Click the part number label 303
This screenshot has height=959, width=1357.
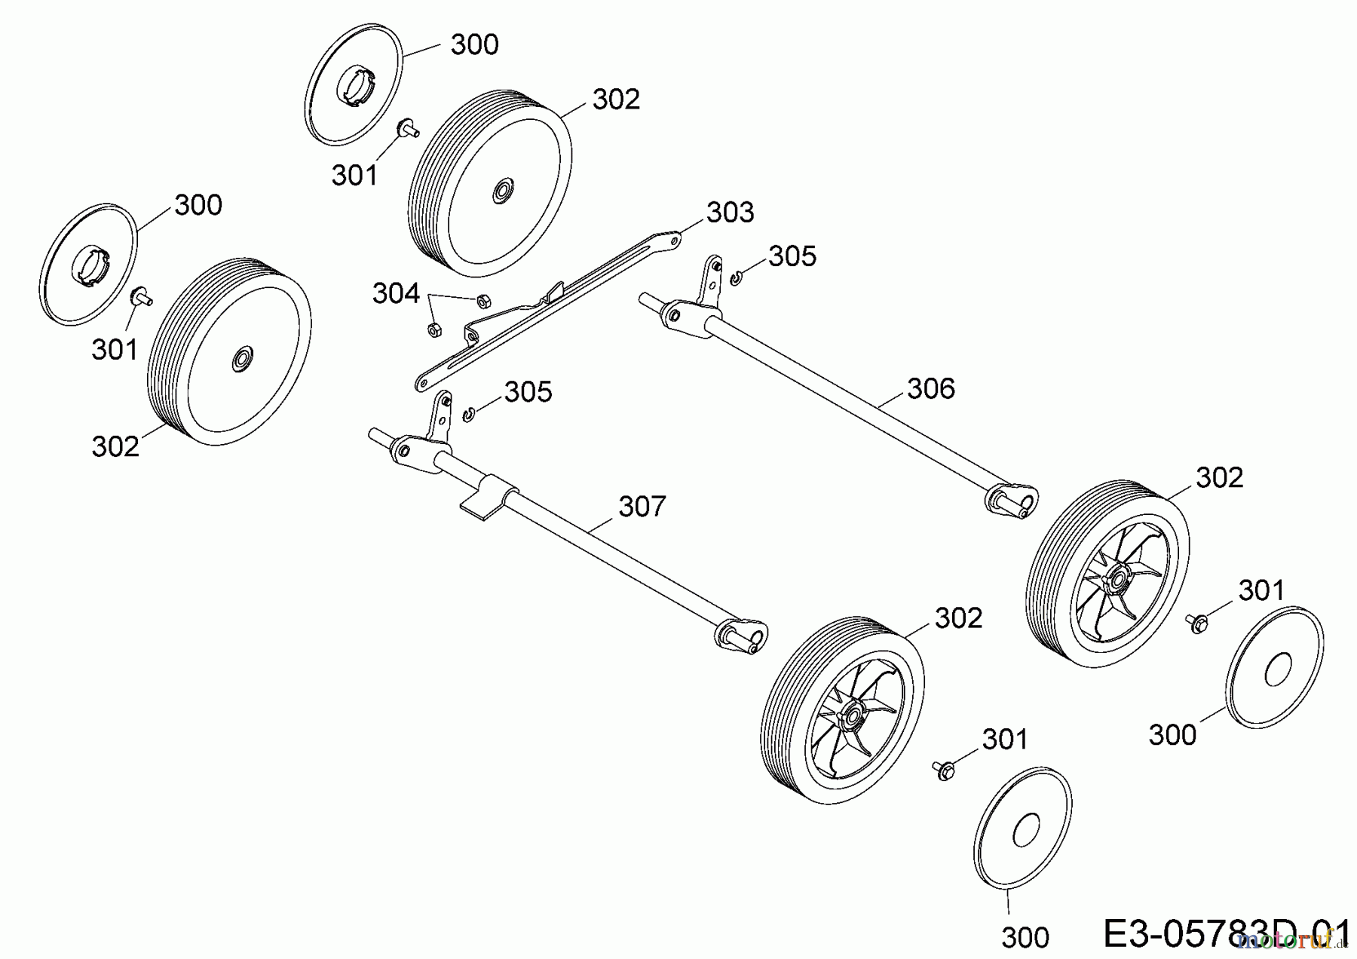tap(730, 213)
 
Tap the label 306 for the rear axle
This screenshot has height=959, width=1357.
tap(930, 389)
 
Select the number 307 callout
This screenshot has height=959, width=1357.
tap(642, 507)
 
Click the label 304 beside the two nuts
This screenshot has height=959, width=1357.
tap(395, 293)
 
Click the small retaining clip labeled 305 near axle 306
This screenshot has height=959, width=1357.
tap(736, 280)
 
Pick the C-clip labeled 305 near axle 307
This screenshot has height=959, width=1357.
tap(468, 413)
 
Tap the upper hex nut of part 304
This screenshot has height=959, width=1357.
tap(481, 302)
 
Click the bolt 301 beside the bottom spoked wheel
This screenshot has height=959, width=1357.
tap(942, 770)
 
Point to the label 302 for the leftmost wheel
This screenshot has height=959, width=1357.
tap(115, 447)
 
